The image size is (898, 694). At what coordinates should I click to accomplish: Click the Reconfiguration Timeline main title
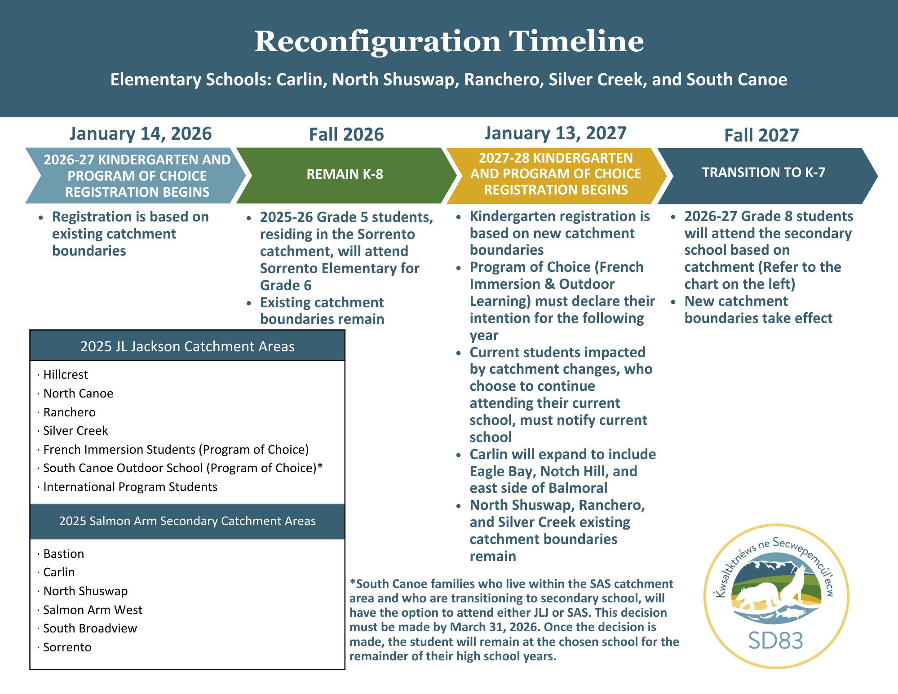449,41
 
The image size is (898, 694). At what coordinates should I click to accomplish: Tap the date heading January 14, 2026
140,134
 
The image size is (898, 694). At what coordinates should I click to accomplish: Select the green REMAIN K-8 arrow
345,175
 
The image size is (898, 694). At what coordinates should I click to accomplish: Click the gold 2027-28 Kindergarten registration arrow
556,174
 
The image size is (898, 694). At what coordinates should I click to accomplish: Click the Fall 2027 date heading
761,135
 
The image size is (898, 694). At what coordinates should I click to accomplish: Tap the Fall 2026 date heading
346,135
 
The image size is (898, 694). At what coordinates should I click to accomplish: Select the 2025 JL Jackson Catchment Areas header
187,346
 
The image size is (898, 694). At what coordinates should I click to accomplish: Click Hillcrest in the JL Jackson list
66,375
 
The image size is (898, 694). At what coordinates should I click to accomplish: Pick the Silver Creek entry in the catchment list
75,431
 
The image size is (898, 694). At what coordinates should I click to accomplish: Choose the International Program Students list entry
130,487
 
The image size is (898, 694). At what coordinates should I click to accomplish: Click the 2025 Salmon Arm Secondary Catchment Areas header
187,521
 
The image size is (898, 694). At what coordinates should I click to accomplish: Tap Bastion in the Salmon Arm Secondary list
64,554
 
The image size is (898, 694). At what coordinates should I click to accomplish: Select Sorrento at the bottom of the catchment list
67,647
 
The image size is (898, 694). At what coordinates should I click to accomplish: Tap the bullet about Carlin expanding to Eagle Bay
562,471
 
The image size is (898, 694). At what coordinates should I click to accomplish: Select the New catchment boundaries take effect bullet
758,310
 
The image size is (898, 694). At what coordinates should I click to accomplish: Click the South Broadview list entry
90,628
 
